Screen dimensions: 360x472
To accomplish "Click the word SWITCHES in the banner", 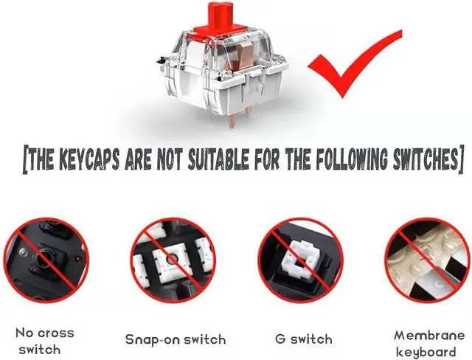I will coord(426,158).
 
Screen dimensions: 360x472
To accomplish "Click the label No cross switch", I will coord(45,341).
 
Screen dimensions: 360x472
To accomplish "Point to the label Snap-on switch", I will coord(175,339).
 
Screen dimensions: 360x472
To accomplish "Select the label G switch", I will coord(303,339).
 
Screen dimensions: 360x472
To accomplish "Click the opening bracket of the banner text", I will coord(27,158).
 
